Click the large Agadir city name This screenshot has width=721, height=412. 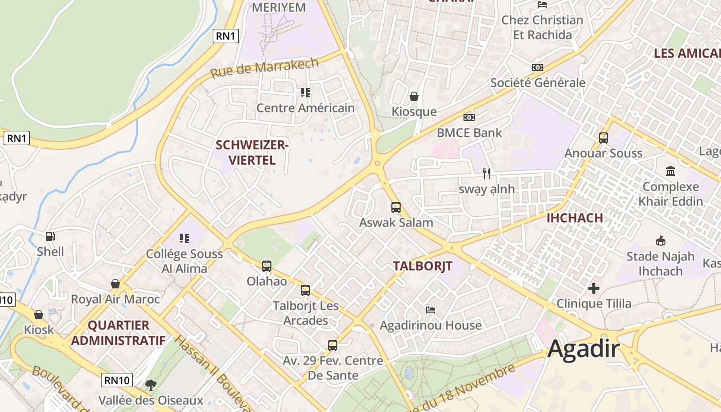pyautogui.click(x=583, y=349)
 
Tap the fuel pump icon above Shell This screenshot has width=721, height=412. pyautogui.click(x=50, y=236)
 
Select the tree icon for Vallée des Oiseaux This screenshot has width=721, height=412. pyautogui.click(x=150, y=385)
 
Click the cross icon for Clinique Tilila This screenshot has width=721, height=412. pyautogui.click(x=594, y=288)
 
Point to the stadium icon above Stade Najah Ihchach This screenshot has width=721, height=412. pyautogui.click(x=660, y=241)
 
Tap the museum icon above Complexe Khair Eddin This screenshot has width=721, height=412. pyautogui.click(x=671, y=171)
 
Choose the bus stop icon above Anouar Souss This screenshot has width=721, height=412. pyautogui.click(x=604, y=138)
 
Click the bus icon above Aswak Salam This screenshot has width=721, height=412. pyautogui.click(x=396, y=208)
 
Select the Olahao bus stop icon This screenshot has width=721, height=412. pyautogui.click(x=267, y=266)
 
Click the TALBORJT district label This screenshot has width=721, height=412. pyautogui.click(x=422, y=266)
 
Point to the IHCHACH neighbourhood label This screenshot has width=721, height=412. pyautogui.click(x=574, y=218)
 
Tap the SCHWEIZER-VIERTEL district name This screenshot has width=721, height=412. pyautogui.click(x=252, y=152)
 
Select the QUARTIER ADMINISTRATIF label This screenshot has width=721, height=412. pyautogui.click(x=118, y=333)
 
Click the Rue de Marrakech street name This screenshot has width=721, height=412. pyautogui.click(x=265, y=68)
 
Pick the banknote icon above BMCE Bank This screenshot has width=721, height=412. pyautogui.click(x=469, y=117)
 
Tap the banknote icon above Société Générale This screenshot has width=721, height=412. pyautogui.click(x=537, y=67)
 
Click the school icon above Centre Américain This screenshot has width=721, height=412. pyautogui.click(x=305, y=93)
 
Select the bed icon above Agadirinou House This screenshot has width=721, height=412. pyautogui.click(x=431, y=310)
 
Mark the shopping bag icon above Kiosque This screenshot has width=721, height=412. pyautogui.click(x=414, y=96)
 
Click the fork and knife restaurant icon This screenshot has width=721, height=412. pyautogui.click(x=487, y=174)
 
